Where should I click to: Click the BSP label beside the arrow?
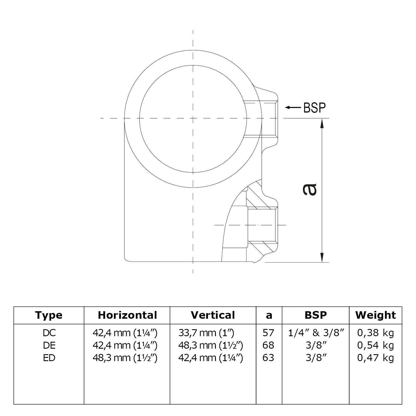point(315,108)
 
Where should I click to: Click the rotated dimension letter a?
point(309,190)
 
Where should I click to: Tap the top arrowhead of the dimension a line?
point(322,123)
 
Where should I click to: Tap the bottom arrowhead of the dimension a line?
point(322,257)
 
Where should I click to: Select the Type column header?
point(49,315)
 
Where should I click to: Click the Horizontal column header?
point(127,315)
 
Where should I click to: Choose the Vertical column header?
point(213,315)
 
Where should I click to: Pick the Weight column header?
point(376,315)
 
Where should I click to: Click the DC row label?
point(49,333)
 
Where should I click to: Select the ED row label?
point(49,358)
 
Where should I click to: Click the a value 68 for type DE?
point(268,345)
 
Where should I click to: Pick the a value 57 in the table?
point(268,333)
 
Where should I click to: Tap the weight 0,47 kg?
point(376,358)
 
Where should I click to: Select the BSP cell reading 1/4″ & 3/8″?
point(316,333)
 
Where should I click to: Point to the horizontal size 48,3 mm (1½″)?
point(125,358)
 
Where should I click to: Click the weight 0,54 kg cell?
point(376,345)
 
